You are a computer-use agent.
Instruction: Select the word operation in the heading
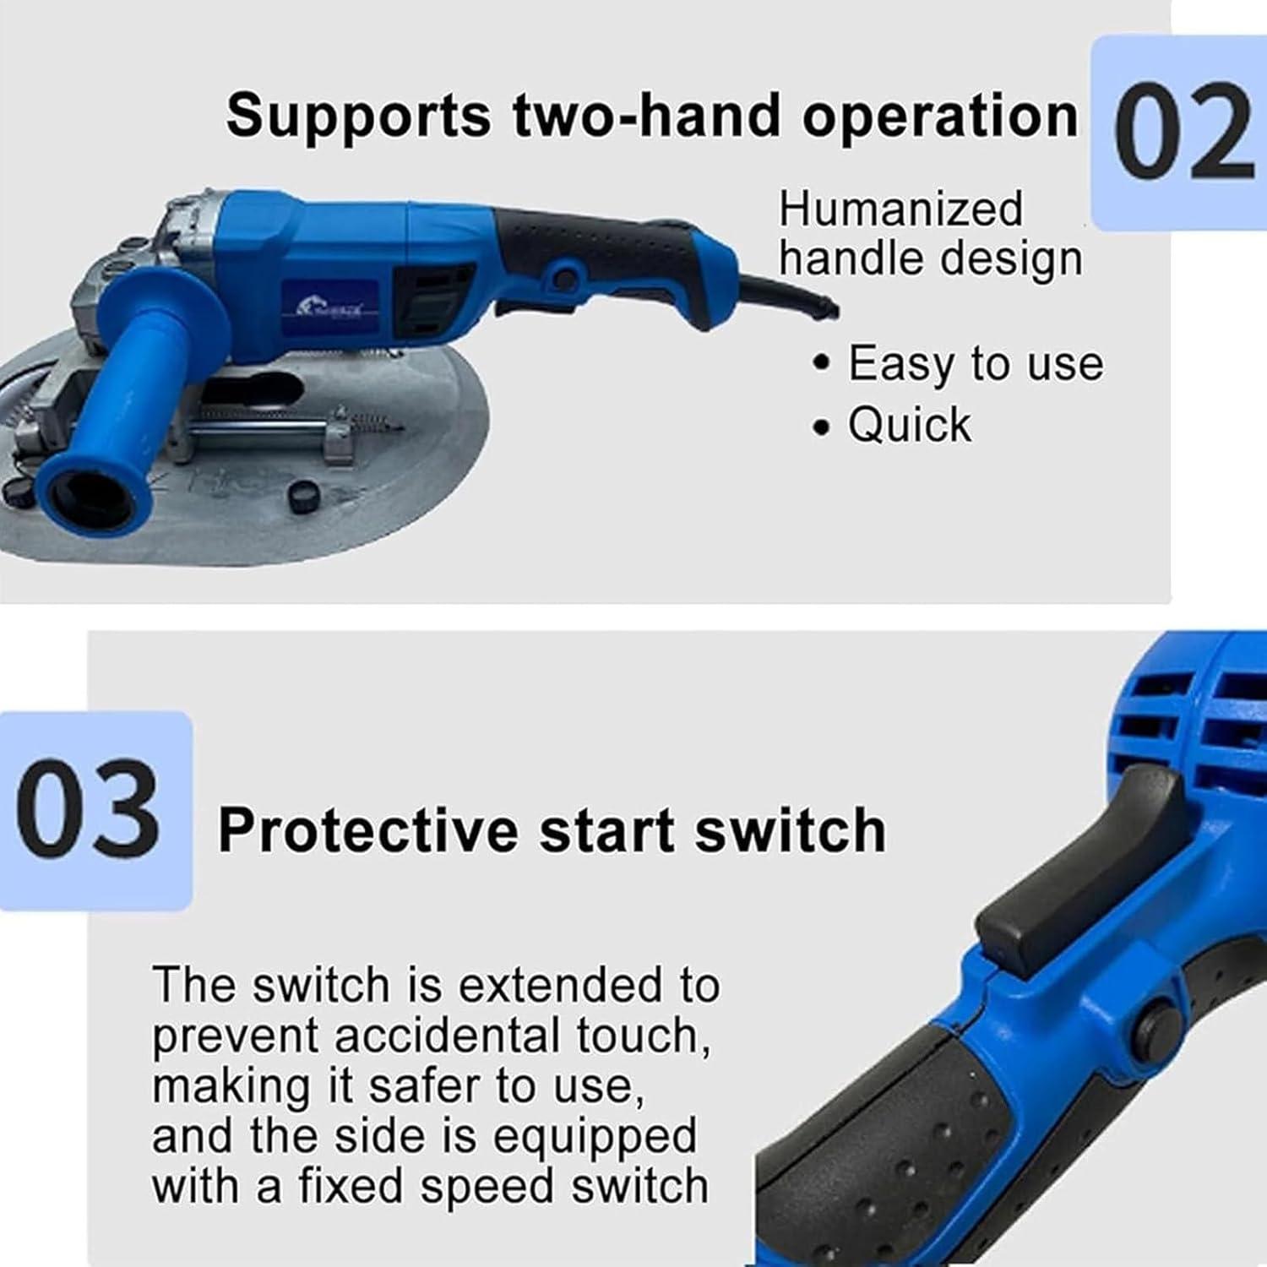click(939, 117)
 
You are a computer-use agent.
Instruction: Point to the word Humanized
click(900, 209)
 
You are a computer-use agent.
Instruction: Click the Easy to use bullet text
click(975, 364)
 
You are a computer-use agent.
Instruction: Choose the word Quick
click(910, 424)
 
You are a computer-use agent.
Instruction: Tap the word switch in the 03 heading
click(790, 829)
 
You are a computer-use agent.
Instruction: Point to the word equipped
click(595, 1137)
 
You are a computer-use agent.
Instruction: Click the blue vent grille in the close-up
click(1216, 718)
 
